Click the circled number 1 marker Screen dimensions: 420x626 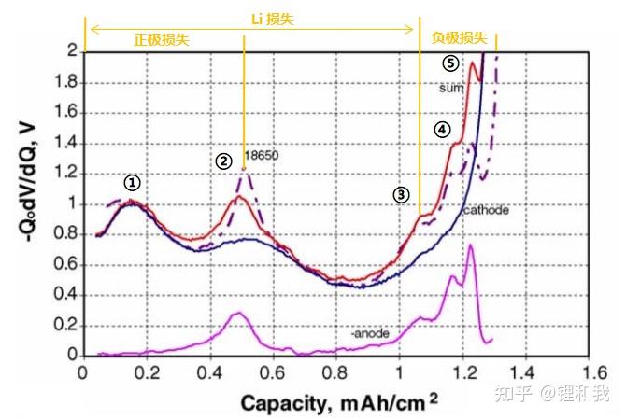coord(134,183)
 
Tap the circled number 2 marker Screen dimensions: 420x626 coord(223,161)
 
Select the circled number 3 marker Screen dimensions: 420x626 coord(401,194)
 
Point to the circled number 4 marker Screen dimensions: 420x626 coord(443,130)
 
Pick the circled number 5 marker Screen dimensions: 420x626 coord(451,63)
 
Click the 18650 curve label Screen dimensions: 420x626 coord(262,155)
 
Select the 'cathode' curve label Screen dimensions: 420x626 coord(486,210)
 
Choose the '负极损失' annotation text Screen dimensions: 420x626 coord(459,38)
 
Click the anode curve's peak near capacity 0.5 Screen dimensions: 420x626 coord(238,313)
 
